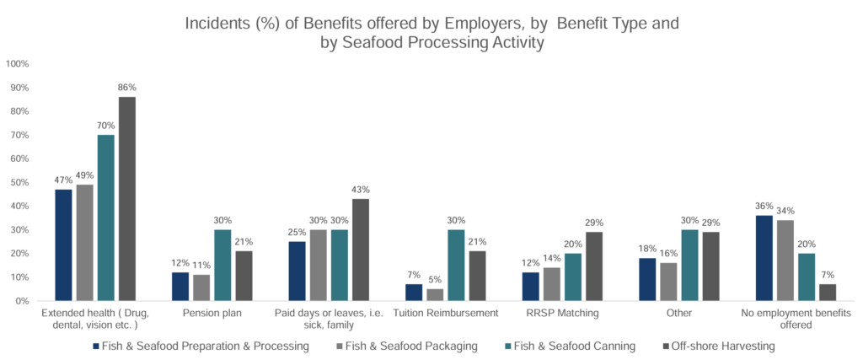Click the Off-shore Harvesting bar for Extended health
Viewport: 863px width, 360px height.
pyautogui.click(x=127, y=199)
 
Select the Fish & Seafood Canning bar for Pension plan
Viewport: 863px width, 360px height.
pyautogui.click(x=222, y=265)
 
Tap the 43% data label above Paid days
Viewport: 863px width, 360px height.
pyautogui.click(x=361, y=190)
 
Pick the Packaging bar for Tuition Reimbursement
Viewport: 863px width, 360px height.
pyautogui.click(x=434, y=295)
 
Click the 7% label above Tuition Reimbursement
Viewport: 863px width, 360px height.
pyautogui.click(x=413, y=276)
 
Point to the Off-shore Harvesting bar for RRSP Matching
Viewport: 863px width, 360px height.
pyautogui.click(x=594, y=266)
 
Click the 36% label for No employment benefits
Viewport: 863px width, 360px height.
pyautogui.click(x=763, y=207)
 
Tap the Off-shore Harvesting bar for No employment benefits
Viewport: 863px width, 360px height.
pyautogui.click(x=828, y=292)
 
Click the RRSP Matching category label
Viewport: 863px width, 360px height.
pyautogui.click(x=562, y=313)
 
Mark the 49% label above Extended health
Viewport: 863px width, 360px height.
pyautogui.click(x=85, y=175)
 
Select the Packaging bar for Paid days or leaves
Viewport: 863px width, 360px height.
pyautogui.click(x=319, y=265)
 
